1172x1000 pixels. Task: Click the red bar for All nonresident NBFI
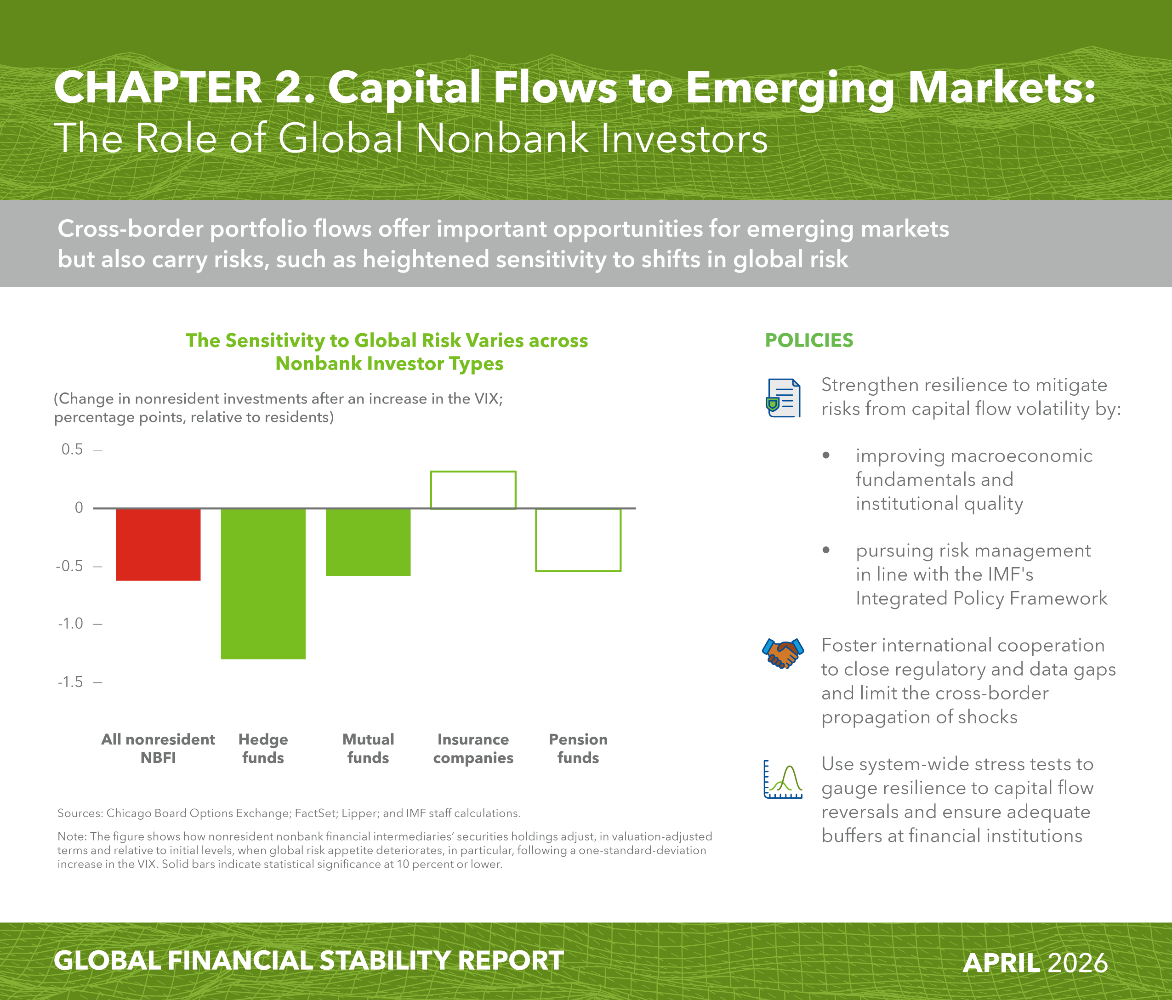pos(159,545)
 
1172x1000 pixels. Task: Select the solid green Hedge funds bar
pos(263,584)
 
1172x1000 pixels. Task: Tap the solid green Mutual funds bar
pos(368,542)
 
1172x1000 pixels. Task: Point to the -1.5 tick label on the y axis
pos(70,682)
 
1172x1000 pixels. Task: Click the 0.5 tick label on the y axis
pos(72,449)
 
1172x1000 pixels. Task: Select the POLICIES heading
pos(809,341)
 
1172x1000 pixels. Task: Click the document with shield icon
pos(783,398)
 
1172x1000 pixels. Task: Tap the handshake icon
pos(783,654)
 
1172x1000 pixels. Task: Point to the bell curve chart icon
pos(783,779)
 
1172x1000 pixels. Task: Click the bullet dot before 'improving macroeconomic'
pos(826,455)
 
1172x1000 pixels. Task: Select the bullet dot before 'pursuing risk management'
pos(826,550)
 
